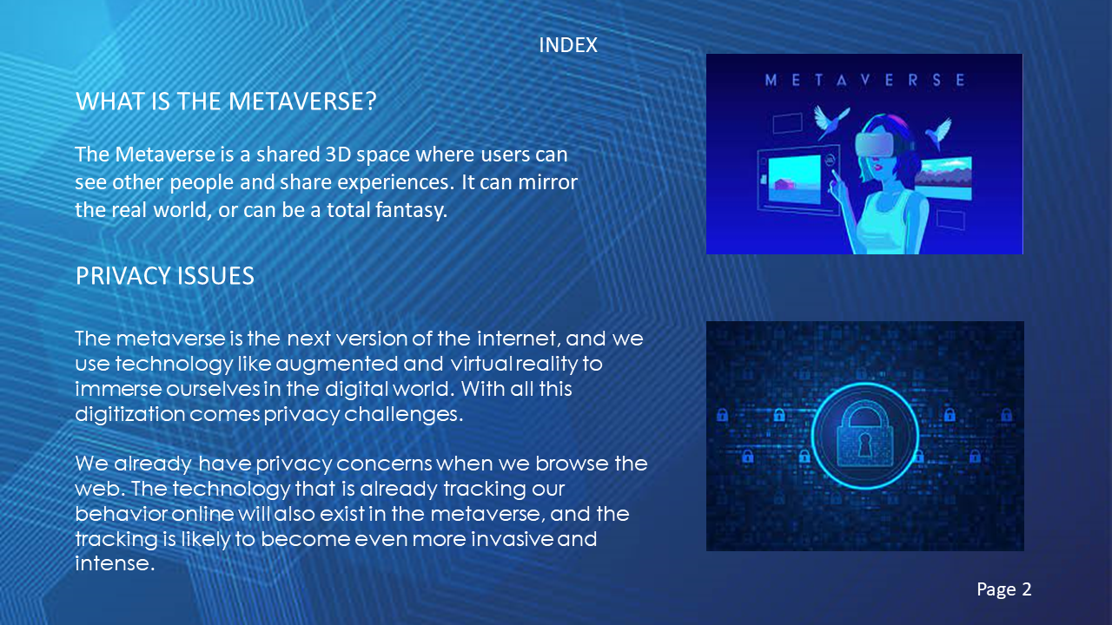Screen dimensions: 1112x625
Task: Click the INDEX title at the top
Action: click(568, 45)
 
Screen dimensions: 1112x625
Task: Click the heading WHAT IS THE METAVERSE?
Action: click(226, 102)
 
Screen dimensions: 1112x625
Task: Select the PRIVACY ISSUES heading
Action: click(165, 276)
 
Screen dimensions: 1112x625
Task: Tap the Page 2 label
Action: click(1003, 589)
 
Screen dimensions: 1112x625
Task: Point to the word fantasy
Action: click(412, 210)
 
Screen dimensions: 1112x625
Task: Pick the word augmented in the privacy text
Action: click(336, 365)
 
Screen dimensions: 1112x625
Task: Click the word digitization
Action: click(130, 414)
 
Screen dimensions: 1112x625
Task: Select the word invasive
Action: click(512, 539)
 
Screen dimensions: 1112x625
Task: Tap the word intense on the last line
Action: click(115, 563)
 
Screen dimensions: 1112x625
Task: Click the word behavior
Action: click(122, 514)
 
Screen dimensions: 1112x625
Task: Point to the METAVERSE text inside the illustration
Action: click(864, 80)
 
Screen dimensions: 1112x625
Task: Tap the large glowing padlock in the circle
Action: click(864, 435)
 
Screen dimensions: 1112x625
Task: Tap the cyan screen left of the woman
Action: click(794, 180)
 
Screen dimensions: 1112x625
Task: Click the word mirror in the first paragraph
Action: click(548, 182)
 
